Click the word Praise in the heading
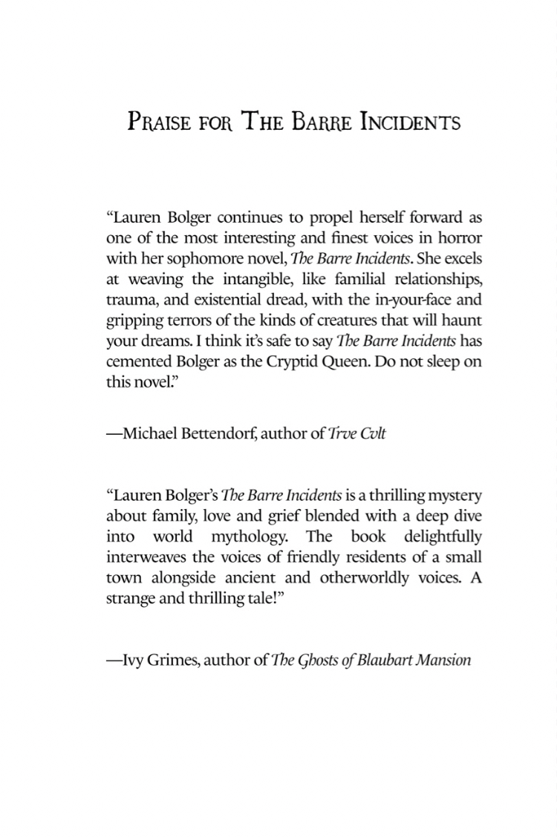(157, 121)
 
